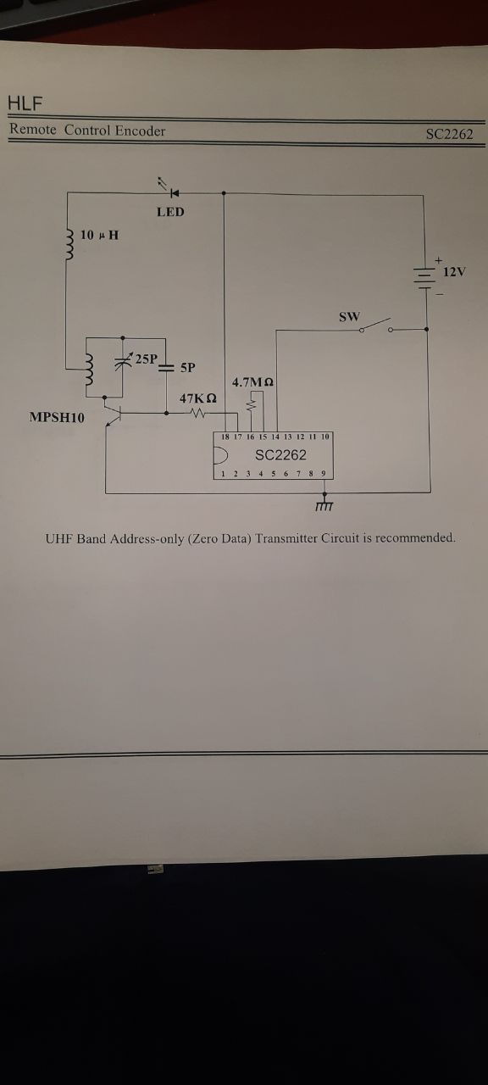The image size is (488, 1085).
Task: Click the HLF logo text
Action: click(x=25, y=103)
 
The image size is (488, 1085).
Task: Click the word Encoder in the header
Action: click(x=141, y=131)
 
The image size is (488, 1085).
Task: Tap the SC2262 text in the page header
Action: click(x=449, y=134)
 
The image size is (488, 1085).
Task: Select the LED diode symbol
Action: click(x=175, y=193)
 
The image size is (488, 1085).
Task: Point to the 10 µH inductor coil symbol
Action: click(x=70, y=245)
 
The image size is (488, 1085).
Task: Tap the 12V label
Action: click(x=454, y=272)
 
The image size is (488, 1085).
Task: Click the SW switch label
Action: click(x=350, y=317)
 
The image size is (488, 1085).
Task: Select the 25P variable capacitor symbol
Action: click(x=123, y=361)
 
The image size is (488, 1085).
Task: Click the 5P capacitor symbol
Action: click(x=165, y=368)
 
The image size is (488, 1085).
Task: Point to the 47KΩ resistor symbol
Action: click(x=198, y=413)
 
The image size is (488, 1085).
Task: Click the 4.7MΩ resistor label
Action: click(x=252, y=382)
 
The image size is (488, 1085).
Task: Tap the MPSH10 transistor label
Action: click(x=57, y=418)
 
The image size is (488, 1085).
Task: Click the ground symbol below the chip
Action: click(x=324, y=504)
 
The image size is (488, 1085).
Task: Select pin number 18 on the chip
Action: click(x=225, y=437)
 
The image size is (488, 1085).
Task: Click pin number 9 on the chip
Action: click(x=324, y=473)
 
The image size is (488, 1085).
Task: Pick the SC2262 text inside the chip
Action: click(x=280, y=455)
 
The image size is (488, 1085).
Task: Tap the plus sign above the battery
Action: click(x=439, y=260)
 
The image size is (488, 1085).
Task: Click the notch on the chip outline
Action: click(x=221, y=455)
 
